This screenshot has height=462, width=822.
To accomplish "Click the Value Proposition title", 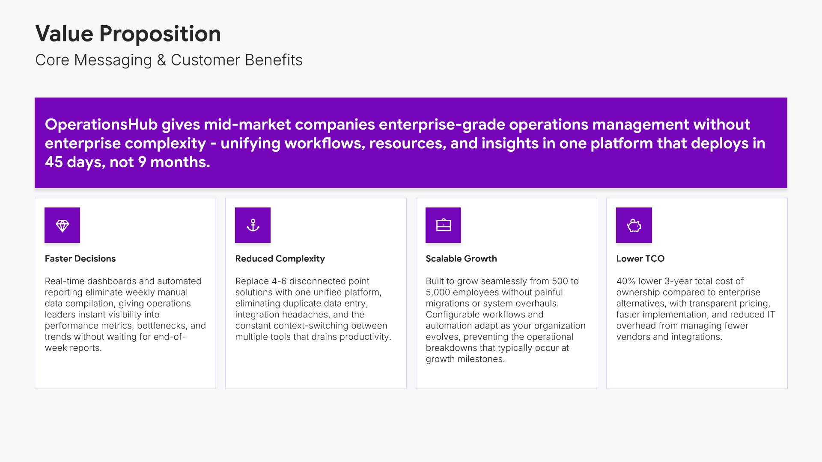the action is click(x=128, y=34).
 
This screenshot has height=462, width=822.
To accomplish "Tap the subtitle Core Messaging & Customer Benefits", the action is click(x=169, y=60).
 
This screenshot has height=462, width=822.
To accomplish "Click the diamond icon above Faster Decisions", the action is click(x=63, y=225).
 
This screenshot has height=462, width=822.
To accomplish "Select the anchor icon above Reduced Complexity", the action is click(x=253, y=225).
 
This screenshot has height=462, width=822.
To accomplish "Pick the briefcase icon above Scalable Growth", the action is click(x=444, y=225).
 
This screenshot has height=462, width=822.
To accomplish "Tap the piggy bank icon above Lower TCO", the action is click(x=634, y=225).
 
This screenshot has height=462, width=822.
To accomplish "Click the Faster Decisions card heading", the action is click(x=80, y=259).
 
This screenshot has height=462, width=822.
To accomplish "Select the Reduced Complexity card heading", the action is click(x=280, y=259).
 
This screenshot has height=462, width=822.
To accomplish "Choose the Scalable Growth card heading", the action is click(x=461, y=259).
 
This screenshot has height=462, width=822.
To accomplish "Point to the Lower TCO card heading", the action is click(x=640, y=259).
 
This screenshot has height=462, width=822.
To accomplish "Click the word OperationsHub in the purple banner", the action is click(x=101, y=124).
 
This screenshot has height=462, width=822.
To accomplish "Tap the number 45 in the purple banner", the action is click(x=54, y=162).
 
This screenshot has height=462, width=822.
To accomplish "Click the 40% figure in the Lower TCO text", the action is click(x=626, y=281).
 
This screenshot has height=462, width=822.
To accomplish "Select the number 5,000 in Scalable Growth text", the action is click(x=438, y=293).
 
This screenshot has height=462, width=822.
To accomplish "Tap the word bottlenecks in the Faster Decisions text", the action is click(x=161, y=326).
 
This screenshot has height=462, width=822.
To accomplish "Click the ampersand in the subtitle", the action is click(x=161, y=60).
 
